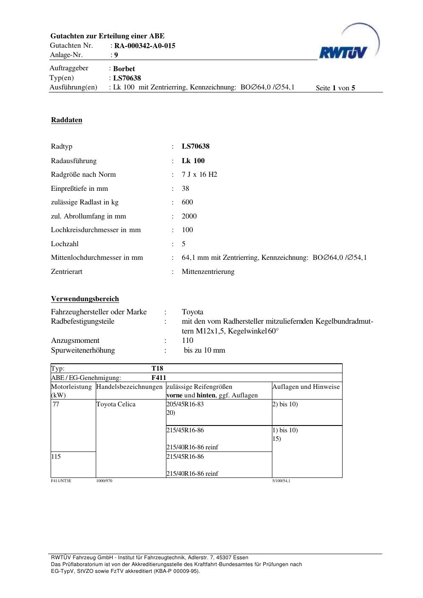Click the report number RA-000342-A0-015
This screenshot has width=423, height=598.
coord(145,46)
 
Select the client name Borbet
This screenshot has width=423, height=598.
coord(124,69)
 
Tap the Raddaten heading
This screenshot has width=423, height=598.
coord(66,120)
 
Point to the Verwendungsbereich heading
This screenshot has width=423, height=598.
coord(85,299)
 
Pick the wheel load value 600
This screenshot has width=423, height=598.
coord(187,202)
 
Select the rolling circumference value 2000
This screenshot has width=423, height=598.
coord(189,216)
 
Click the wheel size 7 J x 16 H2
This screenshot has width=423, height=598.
coord(199,174)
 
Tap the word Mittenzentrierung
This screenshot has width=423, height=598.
coord(208,271)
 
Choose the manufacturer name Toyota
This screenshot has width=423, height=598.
coord(192,312)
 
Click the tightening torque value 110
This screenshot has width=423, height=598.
coord(187,340)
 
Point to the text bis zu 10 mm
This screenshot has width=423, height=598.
coord(204,350)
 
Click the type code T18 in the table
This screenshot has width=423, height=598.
coord(157,368)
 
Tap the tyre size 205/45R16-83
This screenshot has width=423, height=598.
coord(185,404)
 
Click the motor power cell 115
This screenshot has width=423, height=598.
coord(56,457)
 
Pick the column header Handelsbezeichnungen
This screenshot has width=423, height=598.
coord(129,387)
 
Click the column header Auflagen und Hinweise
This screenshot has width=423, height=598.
coord(306,387)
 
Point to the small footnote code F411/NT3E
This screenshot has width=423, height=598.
coord(61,481)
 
